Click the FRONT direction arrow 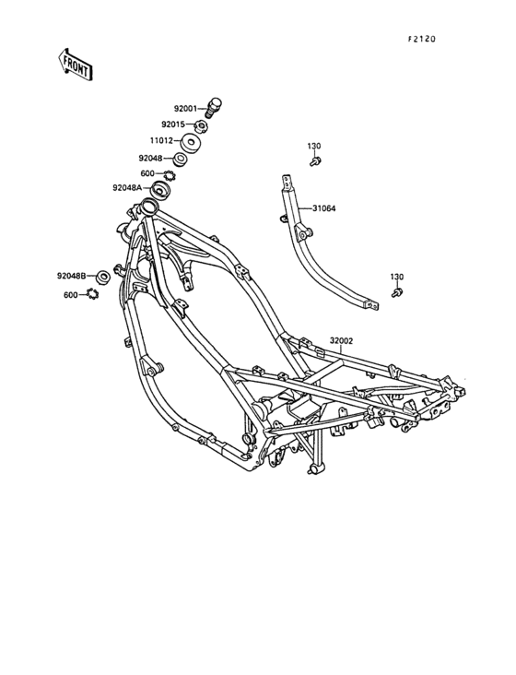(x=76, y=65)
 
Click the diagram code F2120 (x=422, y=39)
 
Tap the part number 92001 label (x=185, y=109)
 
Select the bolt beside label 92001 (x=214, y=107)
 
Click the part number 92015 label (x=173, y=124)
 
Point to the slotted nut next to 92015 (x=201, y=126)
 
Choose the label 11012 (x=161, y=140)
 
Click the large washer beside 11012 (x=192, y=143)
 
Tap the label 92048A (x=127, y=188)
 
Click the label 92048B (x=71, y=276)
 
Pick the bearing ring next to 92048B (x=103, y=277)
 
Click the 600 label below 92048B (x=71, y=295)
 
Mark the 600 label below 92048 (x=147, y=174)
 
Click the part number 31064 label (x=324, y=208)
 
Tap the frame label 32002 (x=342, y=341)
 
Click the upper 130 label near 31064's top (x=314, y=147)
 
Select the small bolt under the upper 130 (x=315, y=162)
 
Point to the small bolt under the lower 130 (x=397, y=292)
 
